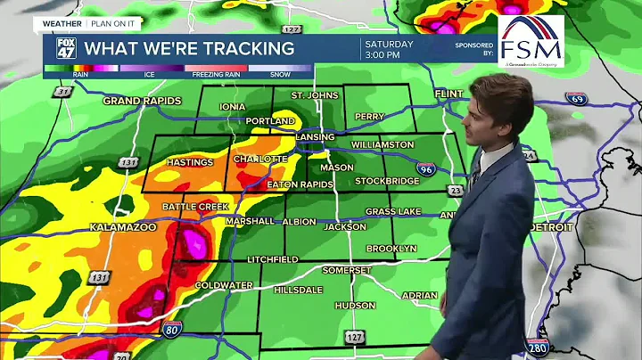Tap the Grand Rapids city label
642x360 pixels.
[142, 101]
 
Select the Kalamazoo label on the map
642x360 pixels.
[123, 228]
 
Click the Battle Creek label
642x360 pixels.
[195, 207]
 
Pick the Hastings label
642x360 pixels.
[190, 162]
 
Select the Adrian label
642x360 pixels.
[419, 295]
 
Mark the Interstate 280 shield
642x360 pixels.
[536, 348]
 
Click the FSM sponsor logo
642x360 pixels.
[531, 42]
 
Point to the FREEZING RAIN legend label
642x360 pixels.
[215, 75]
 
